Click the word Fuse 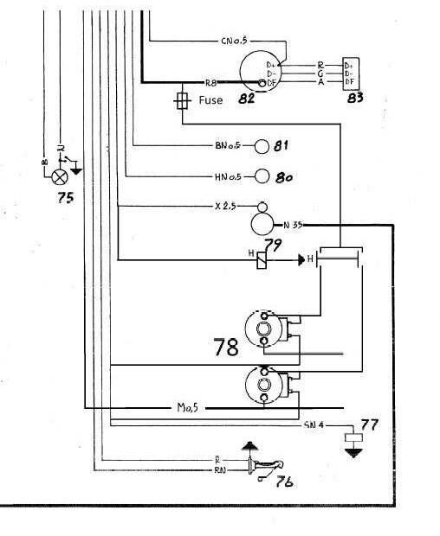pyautogui.click(x=210, y=100)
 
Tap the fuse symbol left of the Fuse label pyautogui.click(x=182, y=100)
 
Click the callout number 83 pyautogui.click(x=354, y=97)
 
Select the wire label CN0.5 pyautogui.click(x=235, y=41)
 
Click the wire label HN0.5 pyautogui.click(x=229, y=176)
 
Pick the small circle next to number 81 pyautogui.click(x=262, y=145)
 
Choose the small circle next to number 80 pyautogui.click(x=262, y=176)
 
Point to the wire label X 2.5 pyautogui.click(x=226, y=207)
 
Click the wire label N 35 pyautogui.click(x=292, y=225)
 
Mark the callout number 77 pyautogui.click(x=370, y=424)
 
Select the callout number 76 pyautogui.click(x=282, y=482)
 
